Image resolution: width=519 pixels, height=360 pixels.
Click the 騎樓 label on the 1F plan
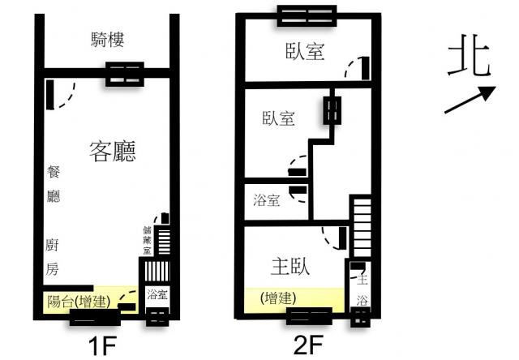tap(107, 40)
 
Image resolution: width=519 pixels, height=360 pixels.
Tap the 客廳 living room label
tap(113, 151)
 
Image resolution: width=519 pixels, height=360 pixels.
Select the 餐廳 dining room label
tap(54, 184)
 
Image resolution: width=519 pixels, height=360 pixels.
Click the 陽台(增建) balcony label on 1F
tap(79, 301)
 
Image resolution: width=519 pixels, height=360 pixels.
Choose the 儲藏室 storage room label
tap(147, 241)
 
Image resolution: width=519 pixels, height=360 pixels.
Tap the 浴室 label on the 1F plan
tap(157, 294)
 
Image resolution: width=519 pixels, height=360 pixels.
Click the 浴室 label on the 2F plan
tap(267, 200)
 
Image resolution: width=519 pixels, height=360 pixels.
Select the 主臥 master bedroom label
tap(290, 267)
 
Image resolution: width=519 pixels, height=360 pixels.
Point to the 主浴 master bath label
tap(362, 289)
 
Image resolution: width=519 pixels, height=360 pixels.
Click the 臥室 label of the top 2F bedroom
tap(305, 52)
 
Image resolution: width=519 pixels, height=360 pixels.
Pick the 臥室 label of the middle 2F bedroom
tap(278, 118)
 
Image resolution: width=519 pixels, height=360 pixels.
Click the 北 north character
tap(469, 56)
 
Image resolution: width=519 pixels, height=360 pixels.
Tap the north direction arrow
tap(470, 100)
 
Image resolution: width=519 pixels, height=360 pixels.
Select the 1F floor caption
tap(102, 346)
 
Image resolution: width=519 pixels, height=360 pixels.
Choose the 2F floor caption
tap(308, 345)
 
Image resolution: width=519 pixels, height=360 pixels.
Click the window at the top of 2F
tap(307, 16)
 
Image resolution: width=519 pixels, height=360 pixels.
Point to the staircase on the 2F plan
tap(362, 226)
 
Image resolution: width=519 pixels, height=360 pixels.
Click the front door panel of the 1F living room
tap(50, 95)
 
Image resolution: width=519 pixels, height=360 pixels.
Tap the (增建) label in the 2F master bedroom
tap(278, 298)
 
